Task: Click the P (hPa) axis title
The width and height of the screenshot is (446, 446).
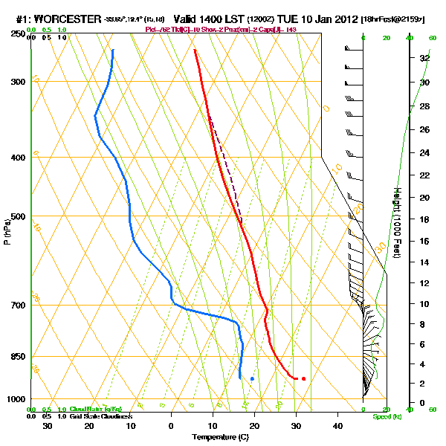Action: click(7, 230)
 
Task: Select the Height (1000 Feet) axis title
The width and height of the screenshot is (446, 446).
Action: click(398, 223)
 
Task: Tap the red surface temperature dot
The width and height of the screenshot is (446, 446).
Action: click(303, 379)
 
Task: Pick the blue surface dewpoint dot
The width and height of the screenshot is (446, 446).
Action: click(253, 379)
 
